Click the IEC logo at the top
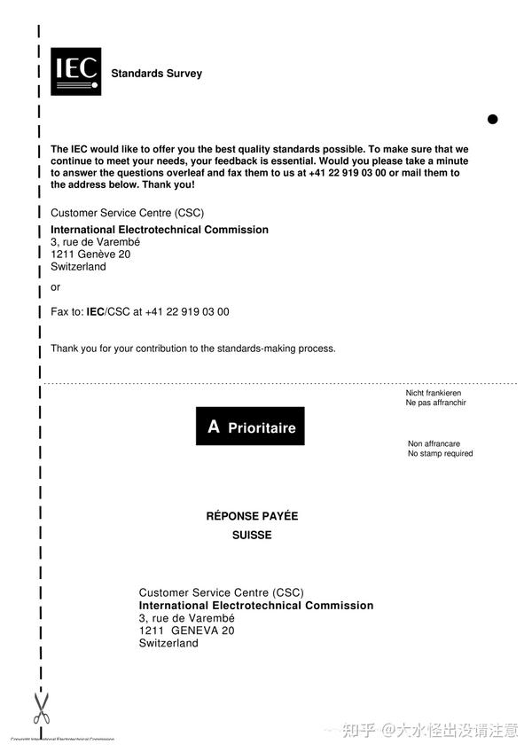(x=75, y=71)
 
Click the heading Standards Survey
(x=156, y=74)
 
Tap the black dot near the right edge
(x=493, y=119)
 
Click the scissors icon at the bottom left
(x=41, y=708)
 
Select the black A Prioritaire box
(x=250, y=427)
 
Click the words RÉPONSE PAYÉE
(x=252, y=516)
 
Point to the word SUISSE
(x=252, y=536)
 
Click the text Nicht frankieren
(x=434, y=393)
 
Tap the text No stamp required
(x=440, y=454)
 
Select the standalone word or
(x=56, y=287)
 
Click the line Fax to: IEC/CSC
(x=140, y=312)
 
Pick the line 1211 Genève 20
(x=90, y=255)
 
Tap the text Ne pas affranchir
(x=436, y=403)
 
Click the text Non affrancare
(x=434, y=444)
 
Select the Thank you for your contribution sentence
(x=193, y=349)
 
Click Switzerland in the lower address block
(x=168, y=643)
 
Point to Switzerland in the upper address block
(x=78, y=267)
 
